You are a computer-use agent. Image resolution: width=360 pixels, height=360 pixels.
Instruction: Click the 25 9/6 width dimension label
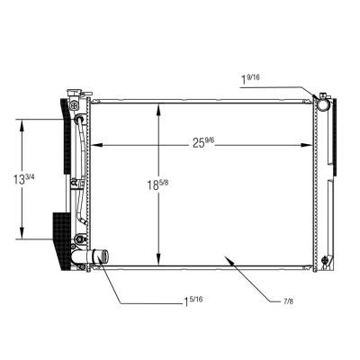[x=202, y=140]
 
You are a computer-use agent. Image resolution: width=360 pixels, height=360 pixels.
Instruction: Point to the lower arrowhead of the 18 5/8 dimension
[x=159, y=257]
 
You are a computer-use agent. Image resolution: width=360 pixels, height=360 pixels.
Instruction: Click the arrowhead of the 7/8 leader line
[x=229, y=258]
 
